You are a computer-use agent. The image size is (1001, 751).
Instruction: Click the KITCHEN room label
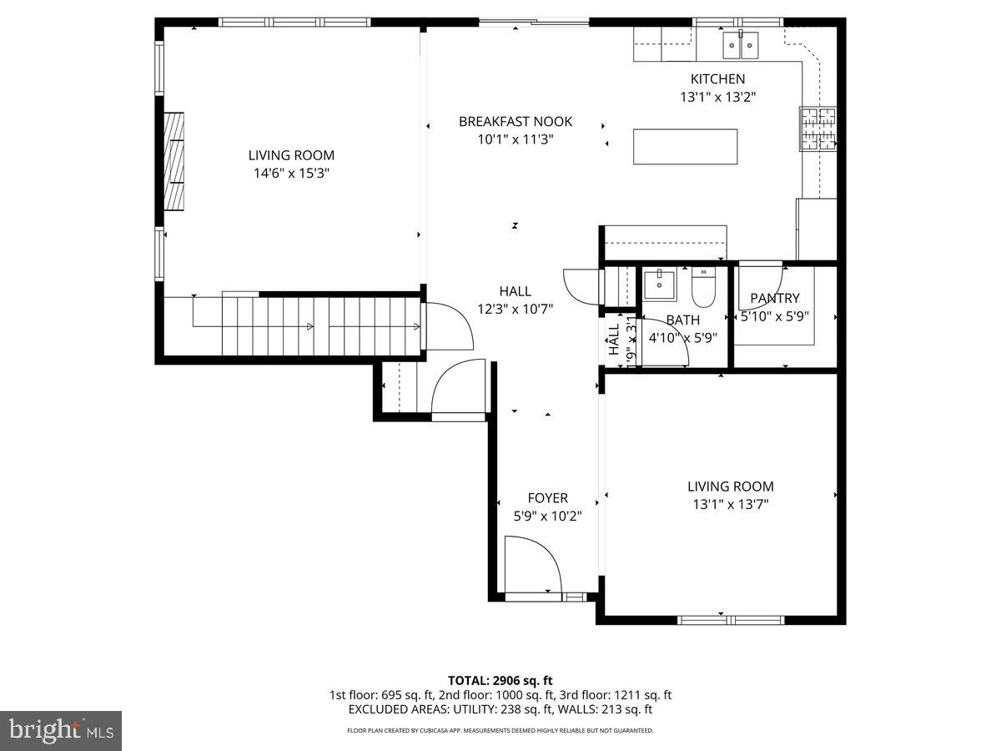point(717,79)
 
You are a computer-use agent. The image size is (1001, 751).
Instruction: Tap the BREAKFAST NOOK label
point(516,122)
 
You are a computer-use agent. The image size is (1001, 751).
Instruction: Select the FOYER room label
point(547,498)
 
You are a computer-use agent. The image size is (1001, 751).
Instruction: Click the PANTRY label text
point(774,298)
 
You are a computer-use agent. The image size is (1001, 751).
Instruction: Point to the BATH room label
point(682,320)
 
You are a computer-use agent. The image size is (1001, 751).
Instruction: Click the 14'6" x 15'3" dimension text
point(291,174)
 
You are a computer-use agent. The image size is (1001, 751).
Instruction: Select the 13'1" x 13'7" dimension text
point(730,504)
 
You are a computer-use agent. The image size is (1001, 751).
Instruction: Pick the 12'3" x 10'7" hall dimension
point(515,309)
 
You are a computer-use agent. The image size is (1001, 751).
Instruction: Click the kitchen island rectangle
point(686,147)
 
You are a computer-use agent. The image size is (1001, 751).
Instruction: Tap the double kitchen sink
point(741,44)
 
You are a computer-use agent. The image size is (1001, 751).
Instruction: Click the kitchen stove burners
point(818,129)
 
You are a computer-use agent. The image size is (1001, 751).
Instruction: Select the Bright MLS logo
point(61,730)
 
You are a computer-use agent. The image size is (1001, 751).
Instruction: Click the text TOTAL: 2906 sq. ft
point(500,680)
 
